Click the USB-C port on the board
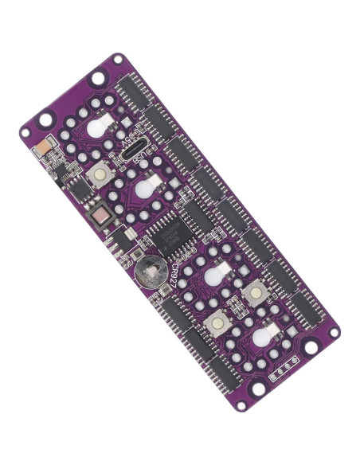pos(136,145)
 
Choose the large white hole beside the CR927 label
pos(212,275)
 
